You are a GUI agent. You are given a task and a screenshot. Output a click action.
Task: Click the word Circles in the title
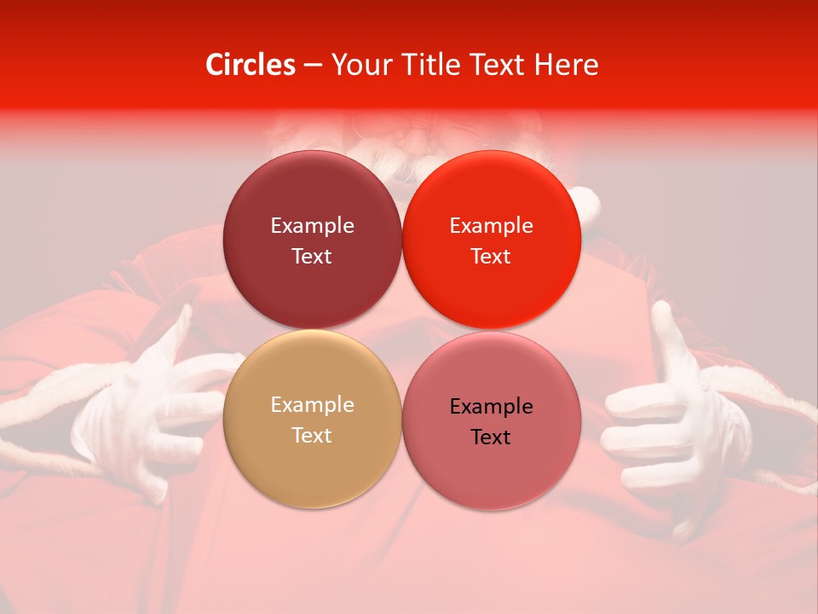point(250,65)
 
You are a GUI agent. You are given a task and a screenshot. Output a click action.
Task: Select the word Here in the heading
point(566,65)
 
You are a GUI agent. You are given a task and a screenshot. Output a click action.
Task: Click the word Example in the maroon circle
point(312,225)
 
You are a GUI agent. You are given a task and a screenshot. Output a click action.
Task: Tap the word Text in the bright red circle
point(491,256)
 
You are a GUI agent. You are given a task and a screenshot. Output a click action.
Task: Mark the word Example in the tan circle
point(312,404)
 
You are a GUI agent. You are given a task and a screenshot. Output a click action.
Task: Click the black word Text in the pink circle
point(491,437)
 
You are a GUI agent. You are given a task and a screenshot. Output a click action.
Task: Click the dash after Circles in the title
point(313,66)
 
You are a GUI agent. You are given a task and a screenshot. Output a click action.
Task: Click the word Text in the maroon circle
point(312,256)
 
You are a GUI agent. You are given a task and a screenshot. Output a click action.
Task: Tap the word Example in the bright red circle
point(491,225)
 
